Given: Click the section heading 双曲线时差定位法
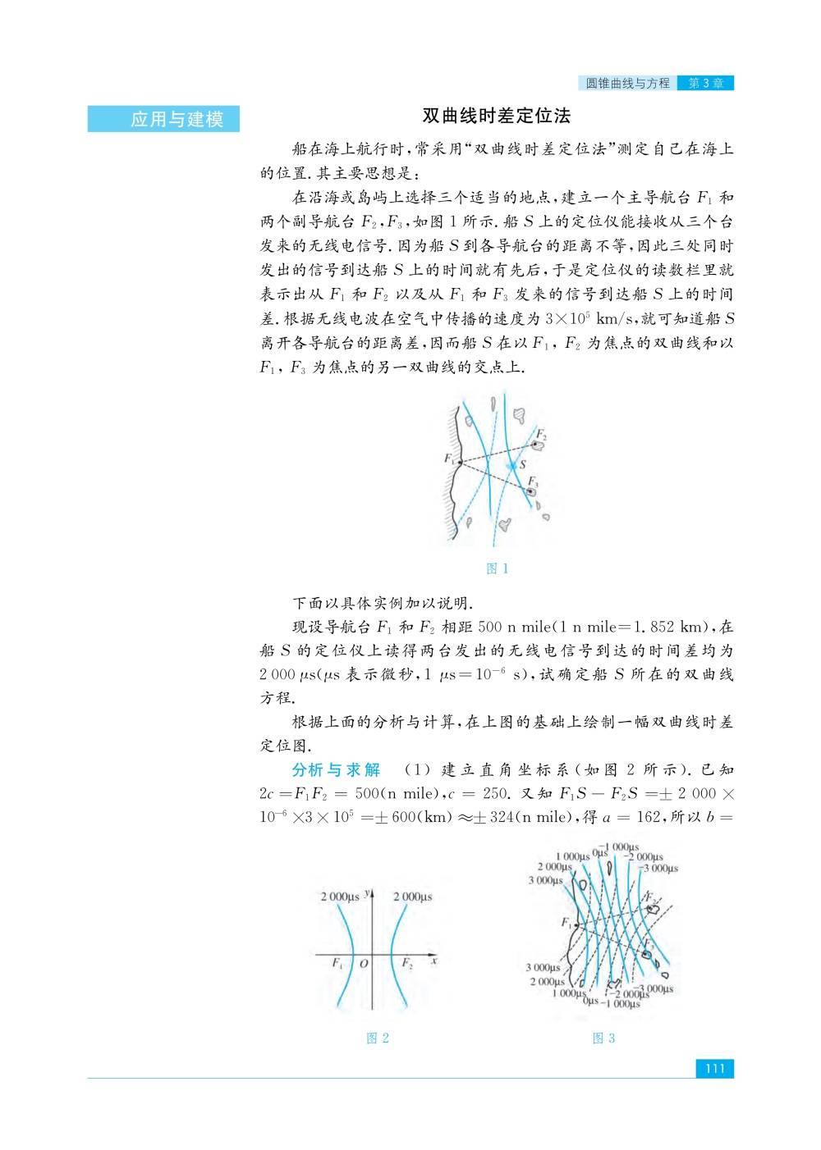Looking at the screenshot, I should point(496,116).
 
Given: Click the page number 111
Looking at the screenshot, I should point(713,1069).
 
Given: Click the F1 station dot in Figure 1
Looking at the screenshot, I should point(460,462).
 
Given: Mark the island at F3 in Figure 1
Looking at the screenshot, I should point(531,491).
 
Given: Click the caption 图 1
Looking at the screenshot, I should point(498,568).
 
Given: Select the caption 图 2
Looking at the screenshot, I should point(377,1038).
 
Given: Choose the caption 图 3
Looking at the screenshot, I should point(603,1038).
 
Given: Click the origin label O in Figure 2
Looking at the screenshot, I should point(363,964).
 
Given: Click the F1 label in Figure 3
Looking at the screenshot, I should point(566,923).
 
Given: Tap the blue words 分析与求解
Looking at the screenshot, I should point(337,770).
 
